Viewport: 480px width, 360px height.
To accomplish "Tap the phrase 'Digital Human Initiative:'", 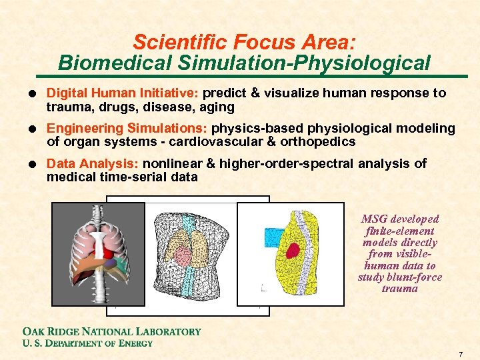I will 127,93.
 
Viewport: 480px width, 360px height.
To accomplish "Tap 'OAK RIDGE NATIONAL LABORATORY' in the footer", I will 111,331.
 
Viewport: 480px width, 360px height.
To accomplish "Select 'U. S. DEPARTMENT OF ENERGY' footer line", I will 87,343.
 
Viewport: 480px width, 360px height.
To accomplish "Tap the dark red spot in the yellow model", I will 292,251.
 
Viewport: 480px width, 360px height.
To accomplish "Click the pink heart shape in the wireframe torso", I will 182,252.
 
